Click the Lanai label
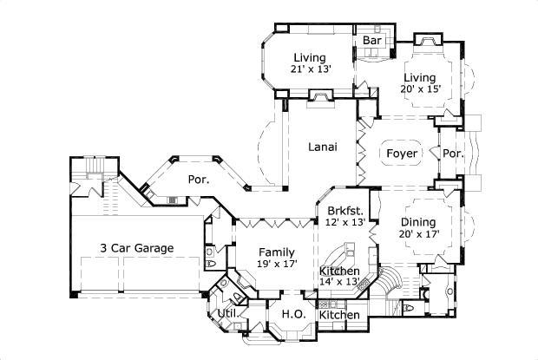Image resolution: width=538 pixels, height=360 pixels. [x=323, y=147]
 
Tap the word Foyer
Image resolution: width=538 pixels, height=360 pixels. [x=402, y=154]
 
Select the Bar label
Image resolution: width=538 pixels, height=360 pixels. [x=372, y=41]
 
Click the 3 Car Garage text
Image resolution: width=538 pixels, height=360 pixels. [x=135, y=248]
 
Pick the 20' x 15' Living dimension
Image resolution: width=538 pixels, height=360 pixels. [x=421, y=89]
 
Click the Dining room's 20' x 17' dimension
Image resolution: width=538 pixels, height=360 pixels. [x=418, y=233]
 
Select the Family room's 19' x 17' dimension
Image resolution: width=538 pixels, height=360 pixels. [x=278, y=264]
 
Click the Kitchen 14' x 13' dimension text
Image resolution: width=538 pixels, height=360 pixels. [x=340, y=281]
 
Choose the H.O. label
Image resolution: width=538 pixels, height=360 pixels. [x=290, y=314]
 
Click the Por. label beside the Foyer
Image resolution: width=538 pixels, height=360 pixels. [x=453, y=154]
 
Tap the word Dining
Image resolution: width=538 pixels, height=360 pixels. [x=418, y=220]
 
